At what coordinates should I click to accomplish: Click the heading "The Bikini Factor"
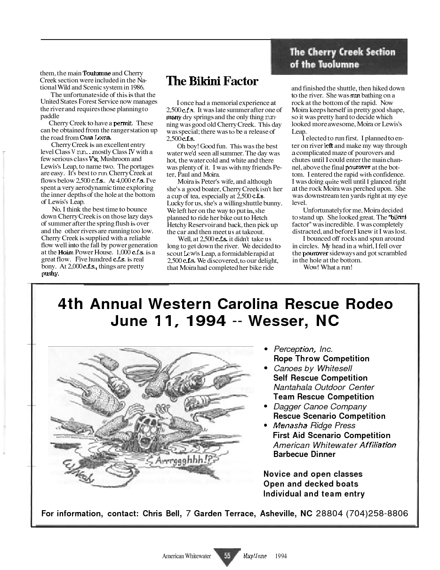click(212, 81)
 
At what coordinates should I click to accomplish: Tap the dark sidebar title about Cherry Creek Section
click(342, 57)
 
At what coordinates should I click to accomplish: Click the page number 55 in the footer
click(227, 556)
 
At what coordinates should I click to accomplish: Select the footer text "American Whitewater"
click(186, 556)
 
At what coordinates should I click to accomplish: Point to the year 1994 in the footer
click(280, 556)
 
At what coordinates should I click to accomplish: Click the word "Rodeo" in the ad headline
click(362, 303)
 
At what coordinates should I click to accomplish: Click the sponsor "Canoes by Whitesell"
click(312, 368)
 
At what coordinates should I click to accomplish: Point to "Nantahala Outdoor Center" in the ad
click(324, 387)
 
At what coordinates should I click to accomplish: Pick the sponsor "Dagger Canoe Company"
click(320, 407)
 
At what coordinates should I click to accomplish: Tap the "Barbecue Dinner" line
click(304, 454)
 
